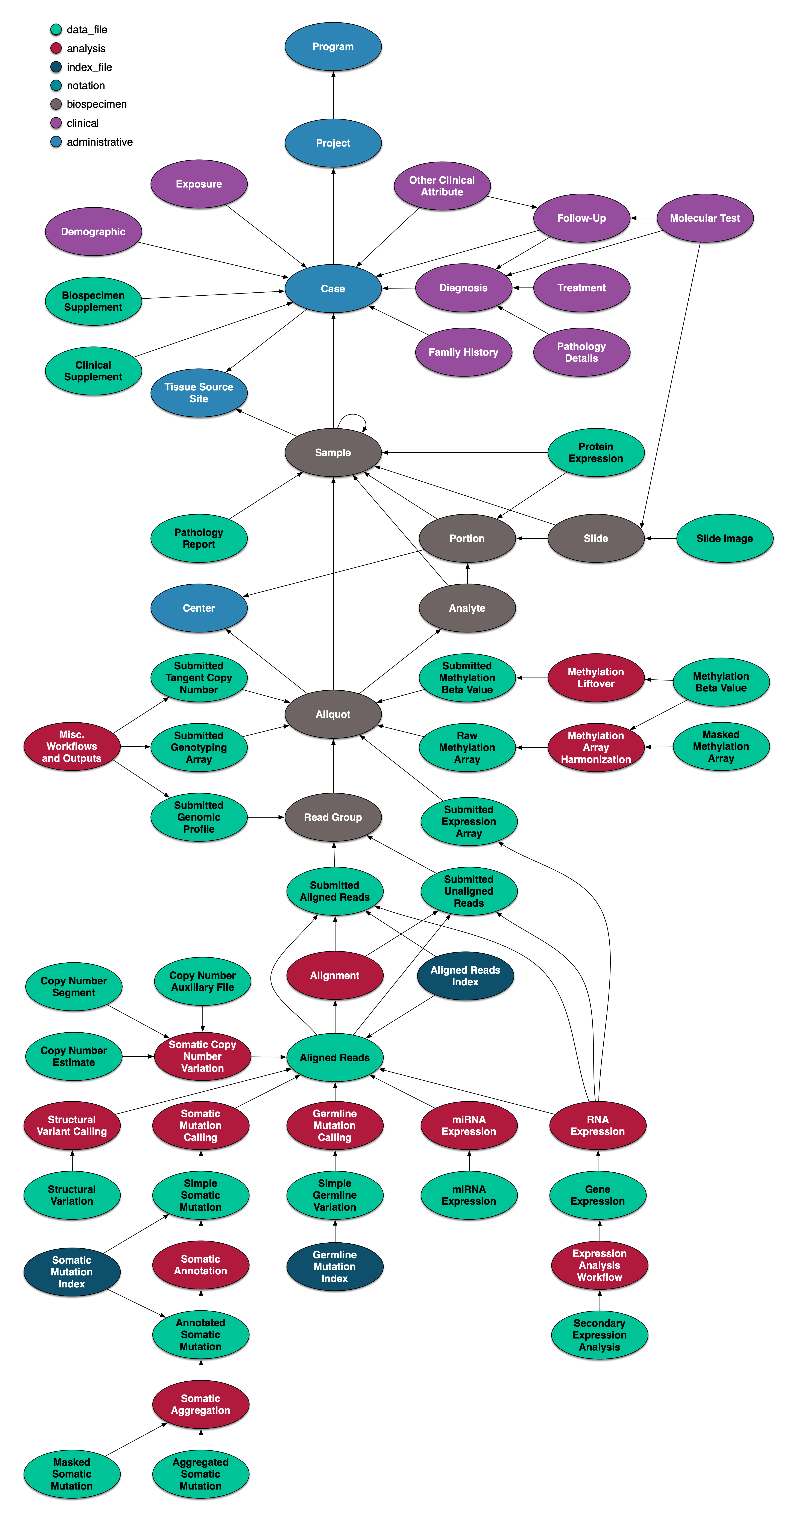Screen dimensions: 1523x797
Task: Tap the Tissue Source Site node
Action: click(x=199, y=393)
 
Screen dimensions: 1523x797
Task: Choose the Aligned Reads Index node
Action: click(x=465, y=976)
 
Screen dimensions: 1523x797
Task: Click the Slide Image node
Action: click(x=724, y=539)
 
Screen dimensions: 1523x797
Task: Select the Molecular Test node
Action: click(x=705, y=218)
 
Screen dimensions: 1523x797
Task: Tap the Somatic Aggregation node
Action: click(x=200, y=1404)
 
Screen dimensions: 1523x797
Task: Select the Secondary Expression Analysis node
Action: click(x=599, y=1335)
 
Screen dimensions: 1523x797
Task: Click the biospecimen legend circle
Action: click(x=56, y=105)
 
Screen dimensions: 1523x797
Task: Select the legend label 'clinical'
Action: click(x=83, y=123)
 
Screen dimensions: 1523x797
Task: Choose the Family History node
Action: click(x=463, y=352)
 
